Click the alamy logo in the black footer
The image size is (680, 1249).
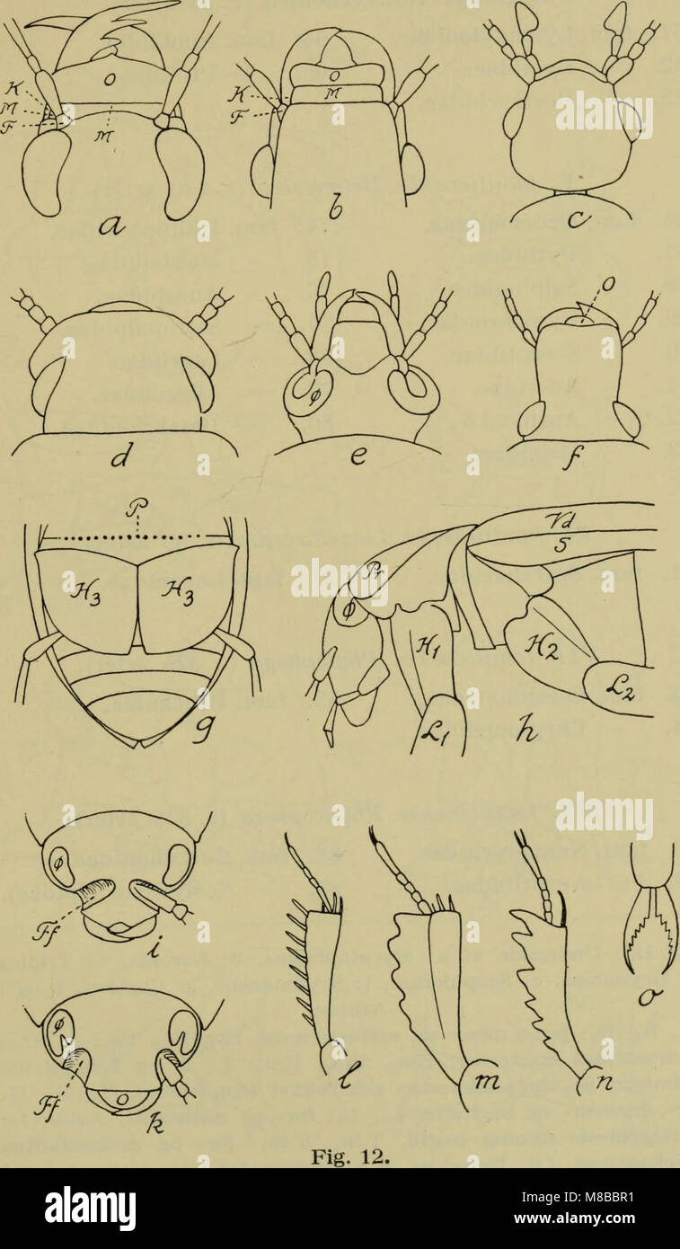(91, 1208)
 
